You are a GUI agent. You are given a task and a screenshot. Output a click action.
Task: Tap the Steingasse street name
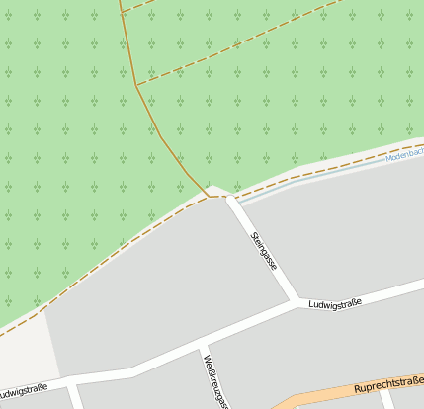[x=264, y=251]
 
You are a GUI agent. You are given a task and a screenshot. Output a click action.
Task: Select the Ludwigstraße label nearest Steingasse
[x=334, y=302]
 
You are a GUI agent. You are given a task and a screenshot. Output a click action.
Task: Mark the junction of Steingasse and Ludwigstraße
[x=297, y=301]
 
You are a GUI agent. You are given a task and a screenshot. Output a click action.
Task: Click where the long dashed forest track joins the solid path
[x=136, y=85]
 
